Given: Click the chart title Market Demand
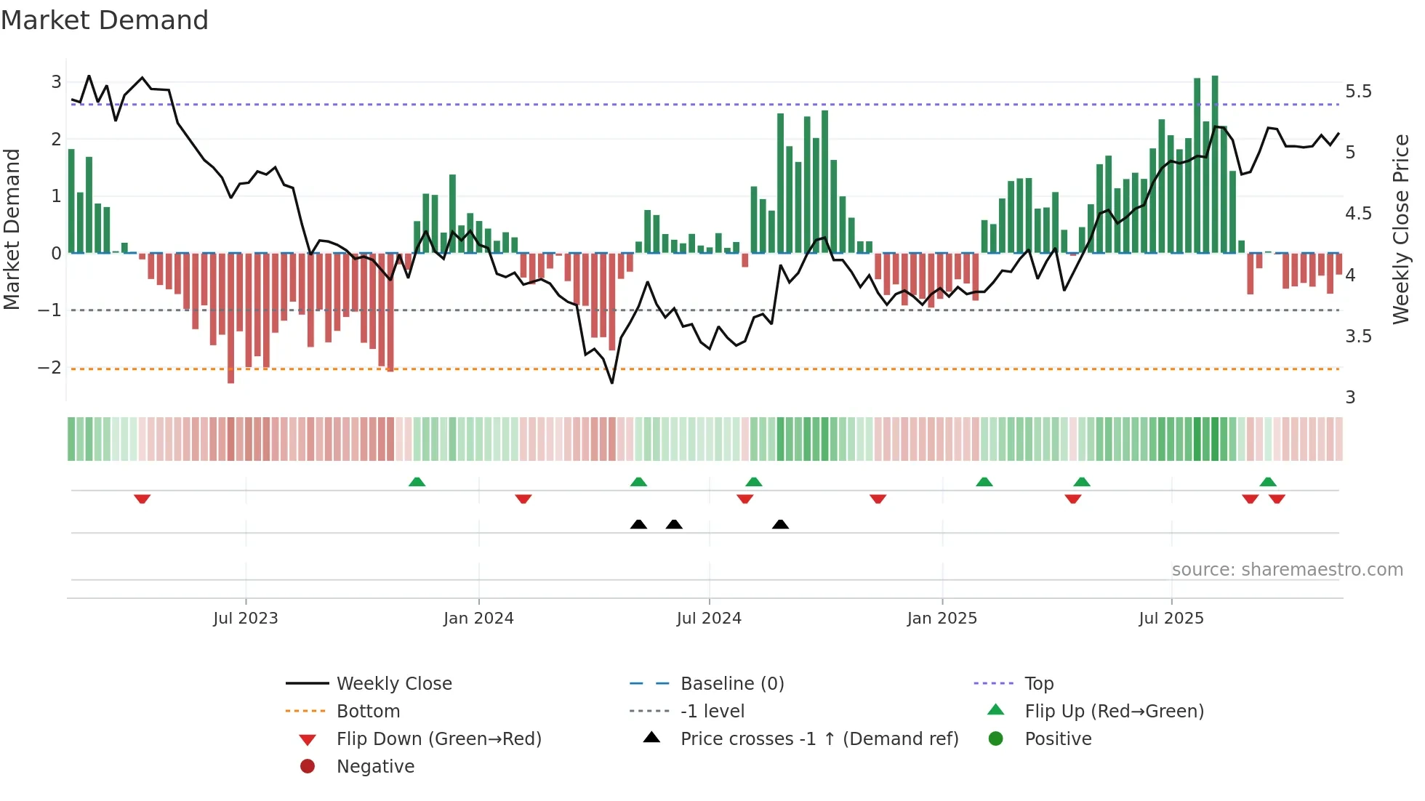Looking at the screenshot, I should (105, 20).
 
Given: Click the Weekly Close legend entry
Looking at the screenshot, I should (393, 684).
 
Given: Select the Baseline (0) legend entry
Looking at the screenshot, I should (731, 684).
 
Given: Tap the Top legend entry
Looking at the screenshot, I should (1038, 684).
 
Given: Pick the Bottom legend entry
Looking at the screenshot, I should (368, 712).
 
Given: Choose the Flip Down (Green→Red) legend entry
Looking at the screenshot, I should (438, 739).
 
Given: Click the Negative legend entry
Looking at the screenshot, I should (375, 767).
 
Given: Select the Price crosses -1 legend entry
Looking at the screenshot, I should (819, 739).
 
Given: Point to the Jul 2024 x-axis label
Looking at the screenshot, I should (709, 619).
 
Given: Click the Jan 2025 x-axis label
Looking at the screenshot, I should (942, 619).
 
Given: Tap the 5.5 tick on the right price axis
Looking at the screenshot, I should (1357, 92).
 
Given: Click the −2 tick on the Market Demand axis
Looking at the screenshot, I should (49, 368).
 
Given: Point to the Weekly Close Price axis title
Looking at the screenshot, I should (1400, 229).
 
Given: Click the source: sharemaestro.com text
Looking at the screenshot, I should (1287, 570).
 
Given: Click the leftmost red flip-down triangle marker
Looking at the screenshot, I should (142, 499).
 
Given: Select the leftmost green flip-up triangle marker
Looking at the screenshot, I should (417, 482).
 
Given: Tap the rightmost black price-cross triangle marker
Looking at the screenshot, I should (780, 524).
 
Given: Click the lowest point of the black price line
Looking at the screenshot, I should (612, 383).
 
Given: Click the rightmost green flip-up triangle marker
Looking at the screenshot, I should (1268, 482).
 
